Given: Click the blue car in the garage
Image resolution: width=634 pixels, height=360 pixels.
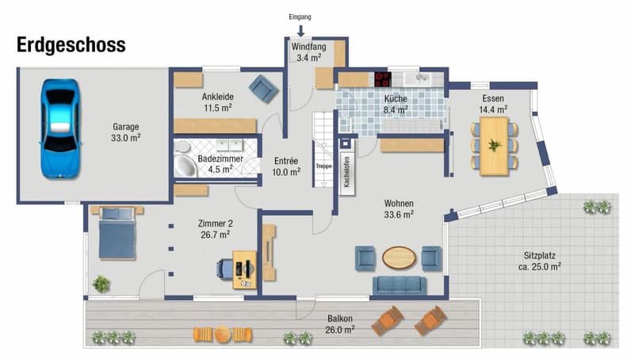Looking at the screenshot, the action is (x=60, y=128).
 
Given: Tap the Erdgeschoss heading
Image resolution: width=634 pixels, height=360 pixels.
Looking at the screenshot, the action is (x=71, y=45).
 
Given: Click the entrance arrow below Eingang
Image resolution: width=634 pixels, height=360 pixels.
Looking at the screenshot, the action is (x=300, y=31).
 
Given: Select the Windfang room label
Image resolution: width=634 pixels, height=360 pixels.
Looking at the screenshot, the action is (x=308, y=47).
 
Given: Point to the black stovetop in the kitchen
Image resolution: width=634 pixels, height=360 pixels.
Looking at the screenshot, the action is (x=383, y=79).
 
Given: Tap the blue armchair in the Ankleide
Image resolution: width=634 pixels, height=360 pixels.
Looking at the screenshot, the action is (x=264, y=89).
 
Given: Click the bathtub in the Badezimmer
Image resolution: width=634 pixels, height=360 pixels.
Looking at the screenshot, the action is (x=185, y=166).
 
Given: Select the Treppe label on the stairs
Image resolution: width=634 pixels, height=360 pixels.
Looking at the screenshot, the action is (x=323, y=167).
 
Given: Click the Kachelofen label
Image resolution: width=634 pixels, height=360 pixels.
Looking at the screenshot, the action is (x=347, y=171).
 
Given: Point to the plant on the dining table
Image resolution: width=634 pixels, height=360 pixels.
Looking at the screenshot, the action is (x=495, y=145).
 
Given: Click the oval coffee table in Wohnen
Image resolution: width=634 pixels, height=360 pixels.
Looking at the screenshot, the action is (x=399, y=257).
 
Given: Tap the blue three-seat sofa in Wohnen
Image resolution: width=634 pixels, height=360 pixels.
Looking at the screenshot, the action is (x=399, y=285).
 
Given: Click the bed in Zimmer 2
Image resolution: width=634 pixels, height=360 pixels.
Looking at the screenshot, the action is (x=117, y=232).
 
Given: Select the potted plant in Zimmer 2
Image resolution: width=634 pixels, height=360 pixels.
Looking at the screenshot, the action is (x=101, y=284).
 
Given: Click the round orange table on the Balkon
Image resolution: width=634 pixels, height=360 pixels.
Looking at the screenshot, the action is (x=223, y=335).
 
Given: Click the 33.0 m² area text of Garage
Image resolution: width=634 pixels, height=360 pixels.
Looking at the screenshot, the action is (x=126, y=138).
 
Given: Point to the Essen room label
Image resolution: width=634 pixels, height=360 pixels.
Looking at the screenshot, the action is (x=493, y=98).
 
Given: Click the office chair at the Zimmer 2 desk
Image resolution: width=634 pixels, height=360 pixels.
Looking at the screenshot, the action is (x=225, y=269).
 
